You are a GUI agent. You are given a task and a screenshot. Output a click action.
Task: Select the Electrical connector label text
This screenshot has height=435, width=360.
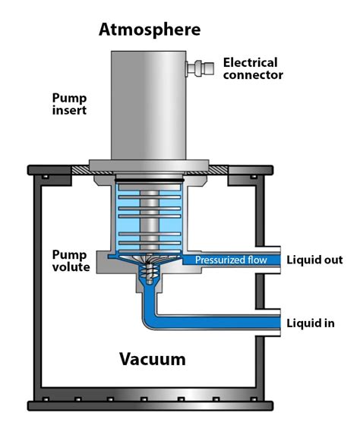253,68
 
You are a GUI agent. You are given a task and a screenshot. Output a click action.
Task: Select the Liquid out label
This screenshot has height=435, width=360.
314,260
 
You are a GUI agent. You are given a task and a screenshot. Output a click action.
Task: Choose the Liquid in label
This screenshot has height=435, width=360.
310,323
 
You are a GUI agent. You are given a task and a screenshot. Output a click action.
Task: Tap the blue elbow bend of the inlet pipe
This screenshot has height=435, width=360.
149,318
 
